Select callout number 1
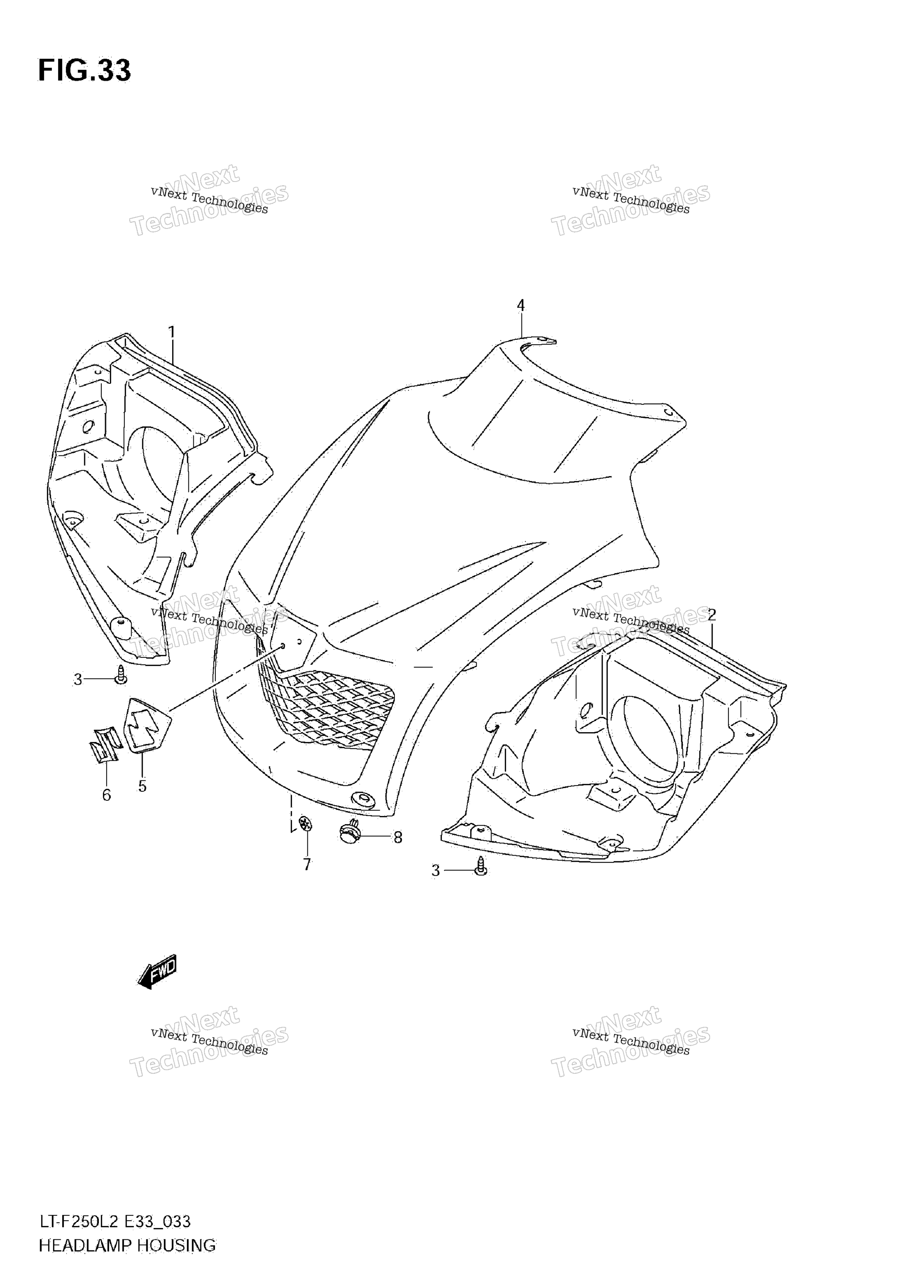click(172, 332)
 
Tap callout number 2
click(712, 615)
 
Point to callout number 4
click(521, 305)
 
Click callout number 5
click(142, 786)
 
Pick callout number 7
click(307, 865)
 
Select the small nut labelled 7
click(305, 824)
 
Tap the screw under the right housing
click(481, 867)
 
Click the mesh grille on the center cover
click(325, 706)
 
